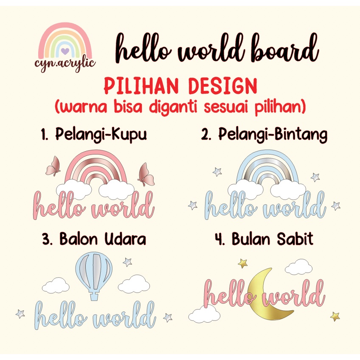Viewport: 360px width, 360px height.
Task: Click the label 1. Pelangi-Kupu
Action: (94, 135)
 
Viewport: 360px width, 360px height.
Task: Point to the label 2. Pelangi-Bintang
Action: (264, 135)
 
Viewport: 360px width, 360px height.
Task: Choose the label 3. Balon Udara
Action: (94, 239)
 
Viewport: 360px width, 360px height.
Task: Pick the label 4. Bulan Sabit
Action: (264, 239)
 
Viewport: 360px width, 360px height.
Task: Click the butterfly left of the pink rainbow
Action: (53, 166)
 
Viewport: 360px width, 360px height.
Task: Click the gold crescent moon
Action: (267, 297)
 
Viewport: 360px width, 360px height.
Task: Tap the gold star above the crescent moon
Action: (243, 264)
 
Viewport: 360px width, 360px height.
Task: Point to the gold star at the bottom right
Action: (335, 316)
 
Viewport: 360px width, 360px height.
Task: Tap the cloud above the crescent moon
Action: (298, 267)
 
